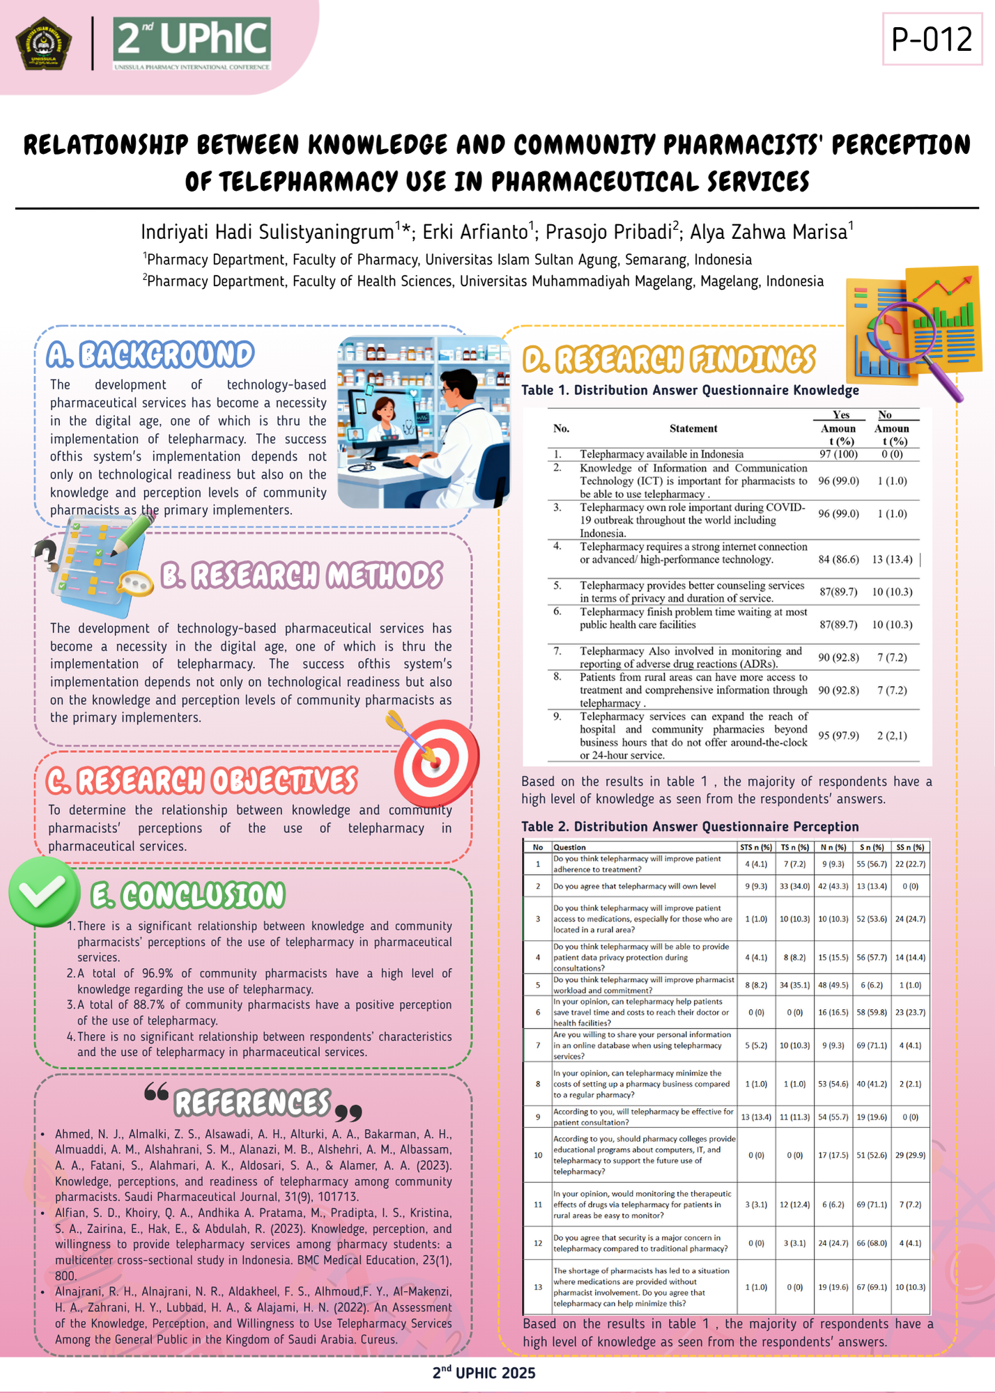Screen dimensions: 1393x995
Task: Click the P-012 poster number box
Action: [932, 39]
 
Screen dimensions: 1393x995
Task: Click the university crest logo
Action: [43, 44]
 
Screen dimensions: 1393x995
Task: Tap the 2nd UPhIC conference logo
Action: [192, 44]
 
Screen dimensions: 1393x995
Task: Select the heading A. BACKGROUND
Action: [151, 355]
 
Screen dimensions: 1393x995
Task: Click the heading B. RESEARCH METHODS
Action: [302, 576]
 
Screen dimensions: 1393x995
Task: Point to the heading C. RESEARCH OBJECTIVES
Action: [202, 781]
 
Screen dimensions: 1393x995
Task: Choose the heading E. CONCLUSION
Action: [188, 896]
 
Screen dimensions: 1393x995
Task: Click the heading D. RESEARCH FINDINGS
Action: [669, 359]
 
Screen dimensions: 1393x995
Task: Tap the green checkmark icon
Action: [44, 892]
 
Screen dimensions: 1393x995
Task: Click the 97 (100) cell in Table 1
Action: [838, 454]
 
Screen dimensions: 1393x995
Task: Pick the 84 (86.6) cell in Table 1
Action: [838, 559]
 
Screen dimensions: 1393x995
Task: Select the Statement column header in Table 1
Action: [693, 428]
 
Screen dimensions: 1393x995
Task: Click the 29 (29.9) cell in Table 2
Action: [910, 1155]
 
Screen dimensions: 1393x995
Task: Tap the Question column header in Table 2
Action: [569, 848]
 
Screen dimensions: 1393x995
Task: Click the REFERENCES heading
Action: [252, 1103]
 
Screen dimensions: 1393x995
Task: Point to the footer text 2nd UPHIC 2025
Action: [484, 1373]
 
